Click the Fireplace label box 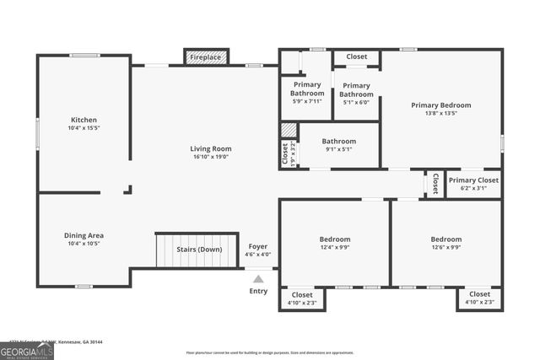(x=205, y=57)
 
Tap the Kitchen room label (x=84, y=120)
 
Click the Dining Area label (x=84, y=235)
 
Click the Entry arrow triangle (x=258, y=278)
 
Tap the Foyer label (x=258, y=246)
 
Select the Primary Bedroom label (x=440, y=105)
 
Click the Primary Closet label (x=473, y=180)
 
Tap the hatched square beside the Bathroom (x=289, y=131)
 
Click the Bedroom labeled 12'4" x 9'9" (x=335, y=239)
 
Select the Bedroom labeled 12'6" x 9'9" (x=445, y=239)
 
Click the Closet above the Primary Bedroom (x=356, y=56)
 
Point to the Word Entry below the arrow (x=258, y=291)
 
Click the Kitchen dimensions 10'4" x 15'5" (x=84, y=128)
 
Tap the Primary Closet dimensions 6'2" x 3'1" (x=473, y=188)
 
